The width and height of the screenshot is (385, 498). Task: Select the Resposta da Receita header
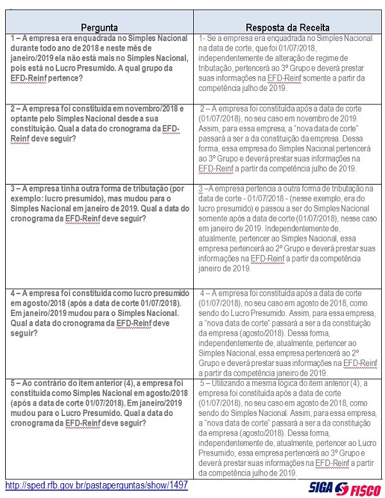[x=289, y=28]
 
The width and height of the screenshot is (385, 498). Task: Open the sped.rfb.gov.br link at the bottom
[x=97, y=486]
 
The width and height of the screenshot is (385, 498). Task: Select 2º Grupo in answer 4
[x=357, y=352]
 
